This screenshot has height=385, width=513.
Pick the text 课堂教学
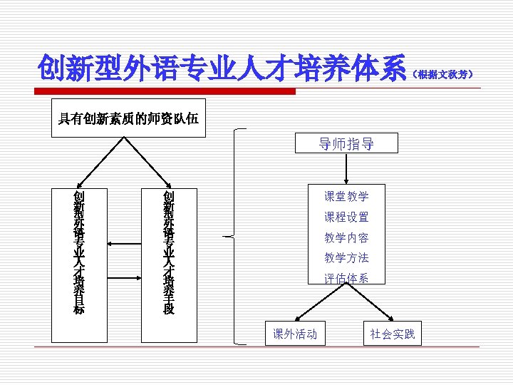tap(346, 196)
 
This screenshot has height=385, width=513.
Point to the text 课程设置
tap(346, 217)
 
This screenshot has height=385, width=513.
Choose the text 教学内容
tap(346, 237)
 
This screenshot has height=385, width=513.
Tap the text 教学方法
tap(346, 258)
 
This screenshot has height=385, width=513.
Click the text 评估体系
tap(346, 278)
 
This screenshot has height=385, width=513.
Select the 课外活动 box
tap(295, 334)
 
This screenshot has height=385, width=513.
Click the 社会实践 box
tap(392, 334)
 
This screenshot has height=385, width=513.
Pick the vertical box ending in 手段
tap(168, 252)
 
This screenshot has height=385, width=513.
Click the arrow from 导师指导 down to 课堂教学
tap(346, 170)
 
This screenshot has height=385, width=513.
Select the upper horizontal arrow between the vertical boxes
tap(125, 242)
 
